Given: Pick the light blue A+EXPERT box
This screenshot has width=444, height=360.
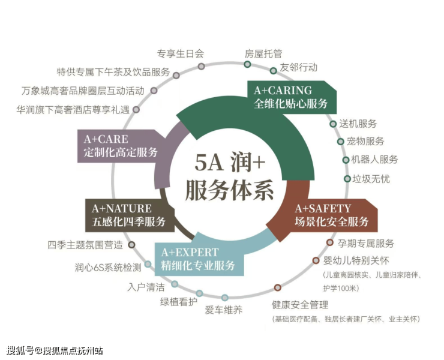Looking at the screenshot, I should pos(199,259).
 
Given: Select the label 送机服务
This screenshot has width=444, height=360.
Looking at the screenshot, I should pos(358,124).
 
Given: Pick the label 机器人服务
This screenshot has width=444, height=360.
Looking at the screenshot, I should pos(374,160).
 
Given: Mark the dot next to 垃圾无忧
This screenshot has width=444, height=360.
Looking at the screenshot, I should pos(347,179).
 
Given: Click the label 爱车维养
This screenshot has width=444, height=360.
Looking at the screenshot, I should pos(223,310).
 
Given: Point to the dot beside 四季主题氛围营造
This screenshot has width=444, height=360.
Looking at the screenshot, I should pos(131,245).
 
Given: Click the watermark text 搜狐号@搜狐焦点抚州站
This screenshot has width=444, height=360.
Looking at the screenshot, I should pos(55,350).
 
